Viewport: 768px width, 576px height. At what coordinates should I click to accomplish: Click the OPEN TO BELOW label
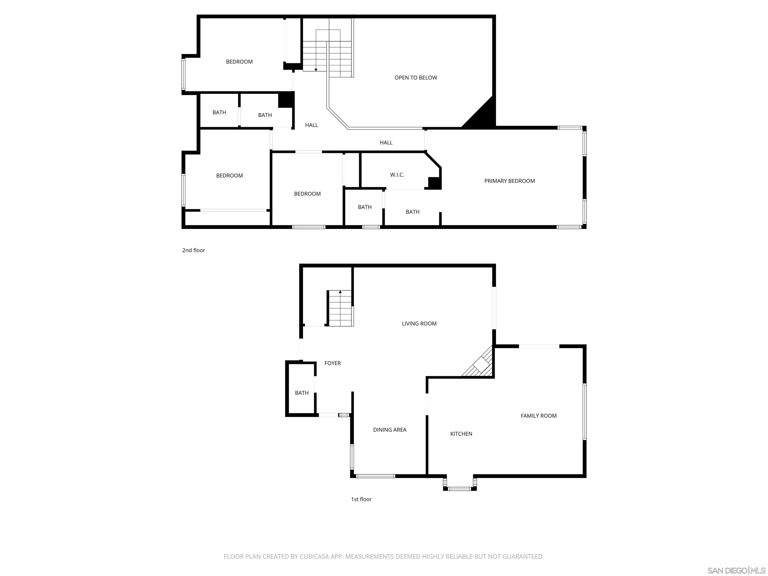tap(415, 78)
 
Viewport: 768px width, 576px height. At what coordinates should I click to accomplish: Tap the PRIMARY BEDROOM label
tap(509, 181)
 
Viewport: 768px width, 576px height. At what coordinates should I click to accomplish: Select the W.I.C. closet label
tap(397, 175)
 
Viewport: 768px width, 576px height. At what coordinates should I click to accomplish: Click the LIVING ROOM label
tap(419, 323)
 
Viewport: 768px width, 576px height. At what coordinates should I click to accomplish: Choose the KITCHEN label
tap(461, 434)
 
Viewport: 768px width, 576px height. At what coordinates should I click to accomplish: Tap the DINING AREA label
tap(389, 430)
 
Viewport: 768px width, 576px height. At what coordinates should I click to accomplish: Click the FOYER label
tap(332, 363)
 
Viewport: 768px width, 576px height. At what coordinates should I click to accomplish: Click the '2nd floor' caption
tap(193, 250)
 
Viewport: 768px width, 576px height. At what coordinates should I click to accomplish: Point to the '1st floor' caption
tap(361, 499)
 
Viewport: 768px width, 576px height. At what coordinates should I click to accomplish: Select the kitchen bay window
tap(460, 484)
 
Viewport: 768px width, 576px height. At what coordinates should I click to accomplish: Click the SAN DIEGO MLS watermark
tap(736, 570)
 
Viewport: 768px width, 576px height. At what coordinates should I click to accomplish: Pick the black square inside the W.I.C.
tap(434, 183)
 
